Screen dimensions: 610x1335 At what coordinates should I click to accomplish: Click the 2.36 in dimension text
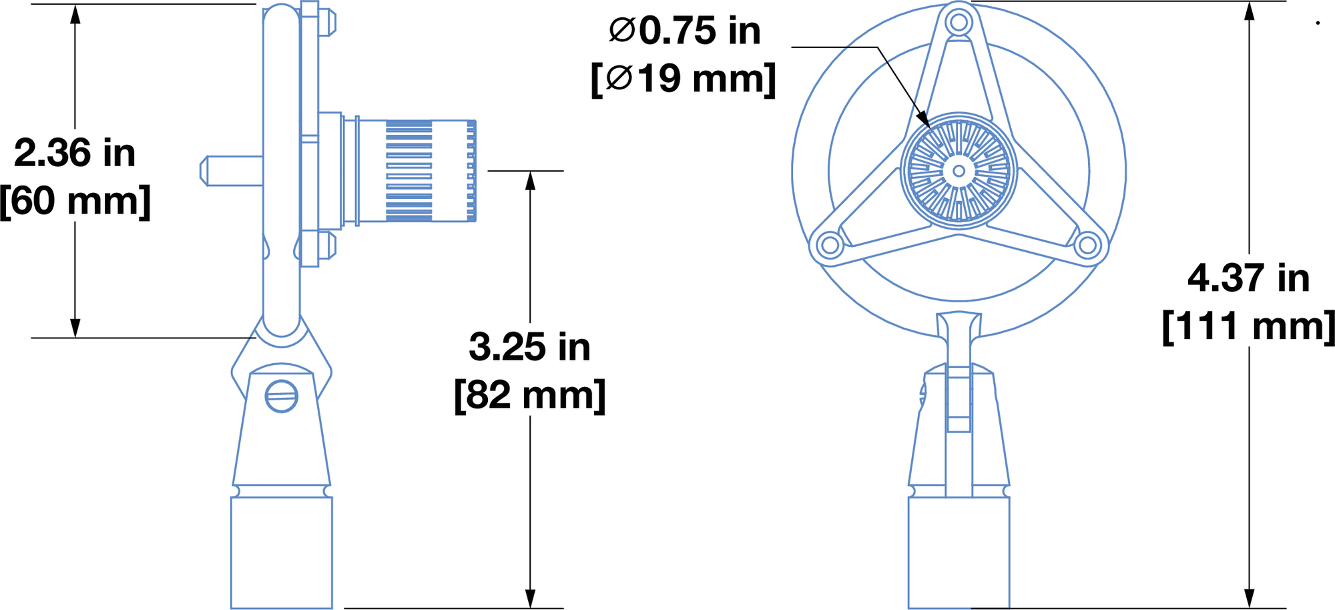point(75,154)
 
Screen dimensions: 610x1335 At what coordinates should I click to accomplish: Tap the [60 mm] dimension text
point(75,201)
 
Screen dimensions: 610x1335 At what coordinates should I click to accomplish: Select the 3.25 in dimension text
point(529,347)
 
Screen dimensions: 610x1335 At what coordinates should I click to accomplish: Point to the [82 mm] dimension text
point(529,395)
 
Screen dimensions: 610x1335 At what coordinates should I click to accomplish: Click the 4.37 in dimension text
point(1248,278)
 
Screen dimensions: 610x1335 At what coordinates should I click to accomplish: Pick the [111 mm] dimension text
point(1248,327)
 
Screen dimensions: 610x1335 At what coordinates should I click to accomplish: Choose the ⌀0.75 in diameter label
point(685,31)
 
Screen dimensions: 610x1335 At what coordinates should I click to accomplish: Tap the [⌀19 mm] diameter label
point(684,79)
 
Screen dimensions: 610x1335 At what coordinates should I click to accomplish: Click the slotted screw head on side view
point(281,396)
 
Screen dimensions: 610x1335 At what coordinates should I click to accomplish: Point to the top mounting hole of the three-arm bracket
point(959,23)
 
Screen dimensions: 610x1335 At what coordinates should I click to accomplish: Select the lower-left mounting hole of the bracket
point(830,245)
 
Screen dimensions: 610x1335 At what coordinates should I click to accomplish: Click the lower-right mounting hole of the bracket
point(1087,245)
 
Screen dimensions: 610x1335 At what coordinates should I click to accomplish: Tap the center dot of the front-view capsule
point(959,171)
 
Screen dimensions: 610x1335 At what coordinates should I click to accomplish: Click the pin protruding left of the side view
point(230,171)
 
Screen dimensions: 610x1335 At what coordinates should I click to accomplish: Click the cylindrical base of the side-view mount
point(281,553)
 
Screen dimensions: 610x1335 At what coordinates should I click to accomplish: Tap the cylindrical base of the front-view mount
point(959,553)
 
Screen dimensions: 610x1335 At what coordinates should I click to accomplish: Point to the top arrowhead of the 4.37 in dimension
point(1248,11)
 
